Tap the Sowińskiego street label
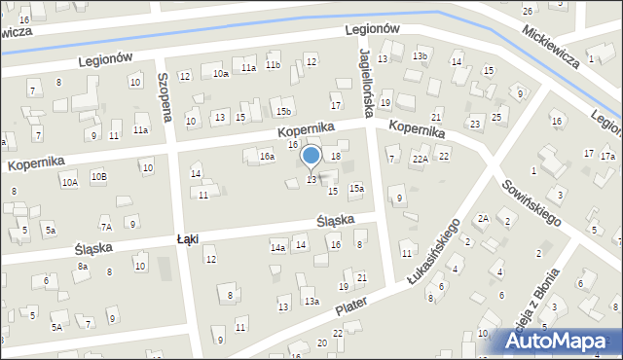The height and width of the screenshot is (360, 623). (x=531, y=202)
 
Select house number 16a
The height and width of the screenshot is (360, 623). (x=267, y=156)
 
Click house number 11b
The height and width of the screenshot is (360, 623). (x=273, y=65)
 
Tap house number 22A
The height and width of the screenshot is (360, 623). (x=421, y=159)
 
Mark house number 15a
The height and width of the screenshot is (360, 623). (x=356, y=188)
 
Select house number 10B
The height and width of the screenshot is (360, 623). (x=99, y=176)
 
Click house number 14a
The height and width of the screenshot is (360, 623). (x=277, y=247)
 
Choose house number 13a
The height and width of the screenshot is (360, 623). (x=311, y=302)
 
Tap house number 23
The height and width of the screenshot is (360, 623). (x=475, y=124)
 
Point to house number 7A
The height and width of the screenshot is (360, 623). (x=107, y=227)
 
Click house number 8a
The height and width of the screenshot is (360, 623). (x=83, y=266)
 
